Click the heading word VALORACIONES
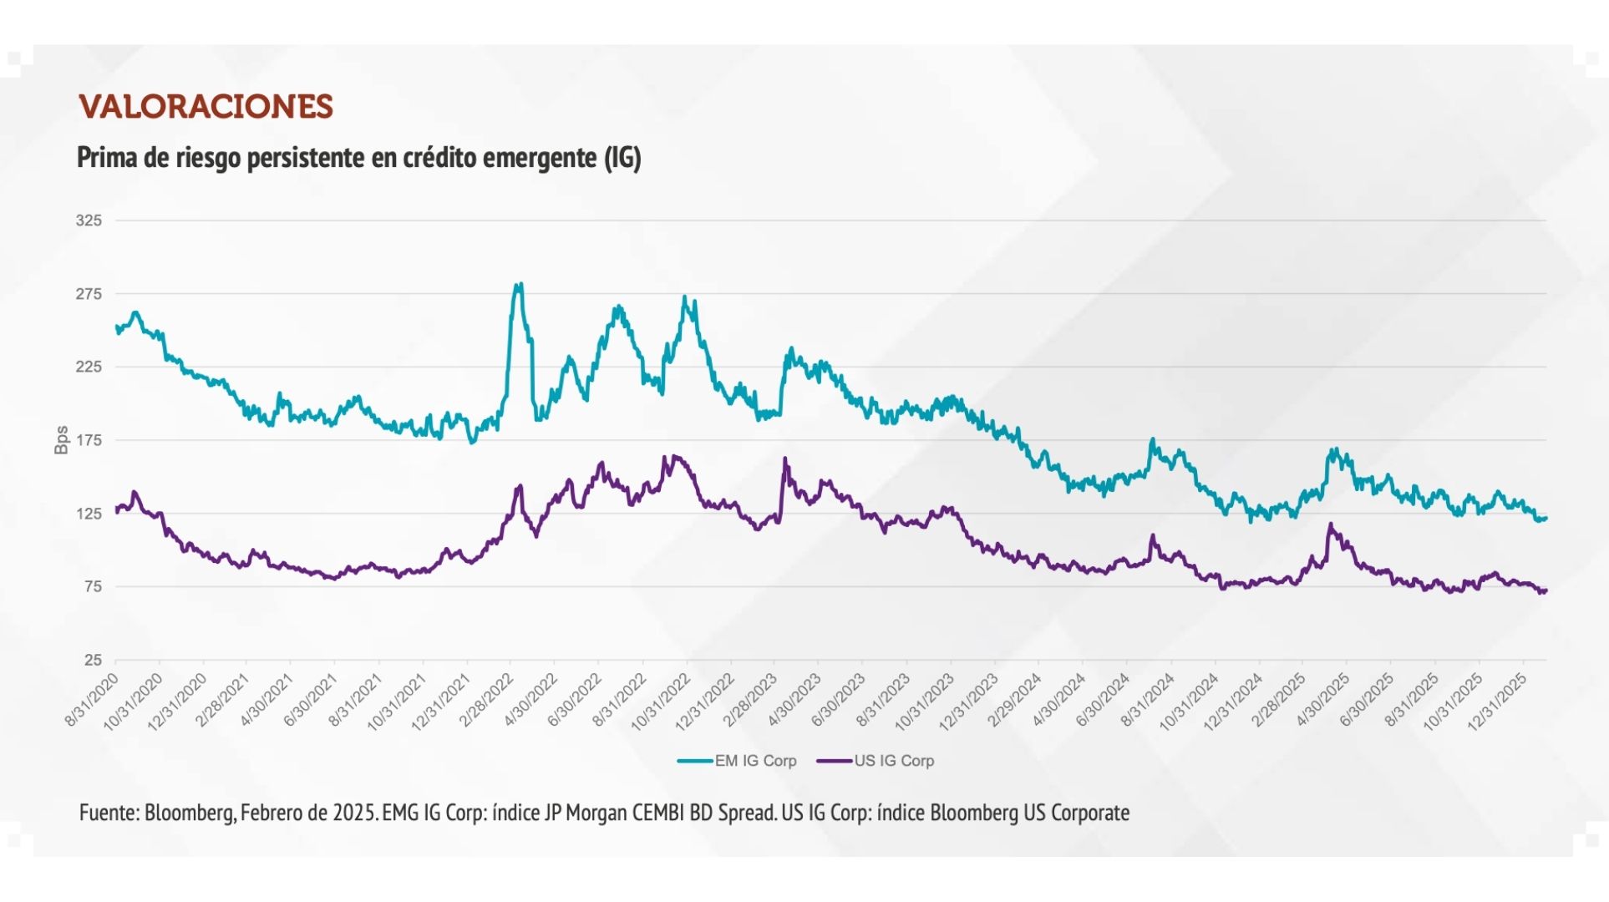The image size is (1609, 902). pyautogui.click(x=206, y=107)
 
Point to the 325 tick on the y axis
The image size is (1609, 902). pyautogui.click(x=89, y=220)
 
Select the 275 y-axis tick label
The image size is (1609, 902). pyautogui.click(x=89, y=294)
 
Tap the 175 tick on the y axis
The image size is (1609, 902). pyautogui.click(x=89, y=440)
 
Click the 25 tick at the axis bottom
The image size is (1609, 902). pyautogui.click(x=92, y=660)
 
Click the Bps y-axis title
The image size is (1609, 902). pyautogui.click(x=61, y=440)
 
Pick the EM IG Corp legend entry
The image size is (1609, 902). pyautogui.click(x=737, y=761)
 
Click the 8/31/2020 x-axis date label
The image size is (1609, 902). pyautogui.click(x=93, y=700)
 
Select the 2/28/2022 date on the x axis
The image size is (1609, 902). pyautogui.click(x=487, y=700)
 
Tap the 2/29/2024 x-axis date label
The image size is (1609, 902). pyautogui.click(x=1015, y=700)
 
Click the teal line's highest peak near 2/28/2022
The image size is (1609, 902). pyautogui.click(x=519, y=285)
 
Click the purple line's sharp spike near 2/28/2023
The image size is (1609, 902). pyautogui.click(x=784, y=459)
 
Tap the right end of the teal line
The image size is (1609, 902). pyautogui.click(x=1546, y=519)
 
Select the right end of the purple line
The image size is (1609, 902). pyautogui.click(x=1546, y=591)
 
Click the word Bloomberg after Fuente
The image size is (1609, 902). pyautogui.click(x=189, y=813)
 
